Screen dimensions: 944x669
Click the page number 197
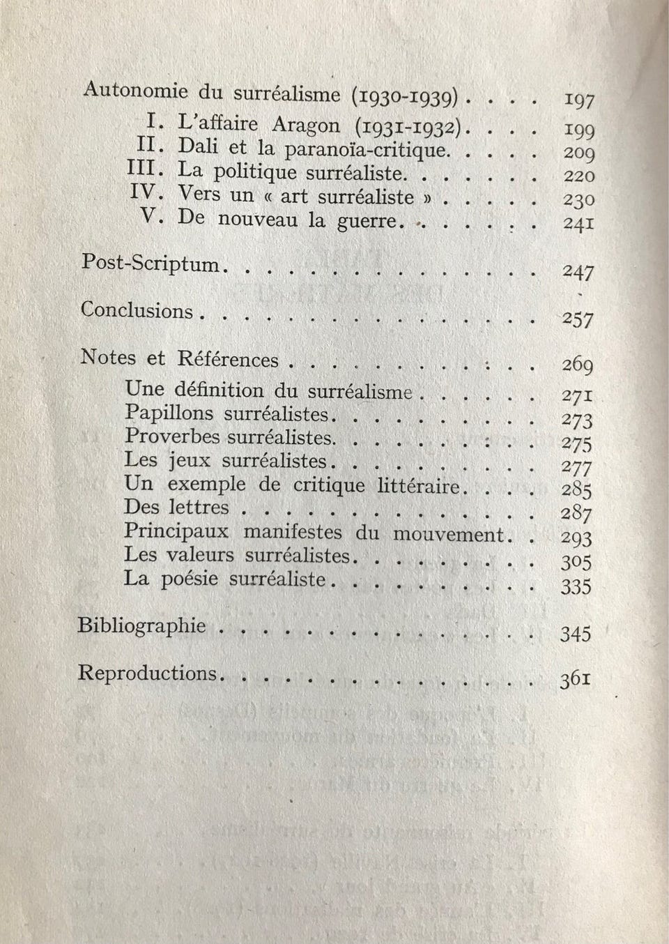(578, 101)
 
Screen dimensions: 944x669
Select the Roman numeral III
(144, 170)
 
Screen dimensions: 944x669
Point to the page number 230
(578, 199)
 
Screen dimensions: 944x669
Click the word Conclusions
(137, 310)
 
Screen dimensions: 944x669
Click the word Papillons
(169, 413)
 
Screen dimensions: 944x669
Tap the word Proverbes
(172, 437)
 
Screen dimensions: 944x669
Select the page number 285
(577, 490)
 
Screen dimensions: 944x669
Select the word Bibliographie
(141, 625)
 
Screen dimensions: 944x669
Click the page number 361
(576, 679)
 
